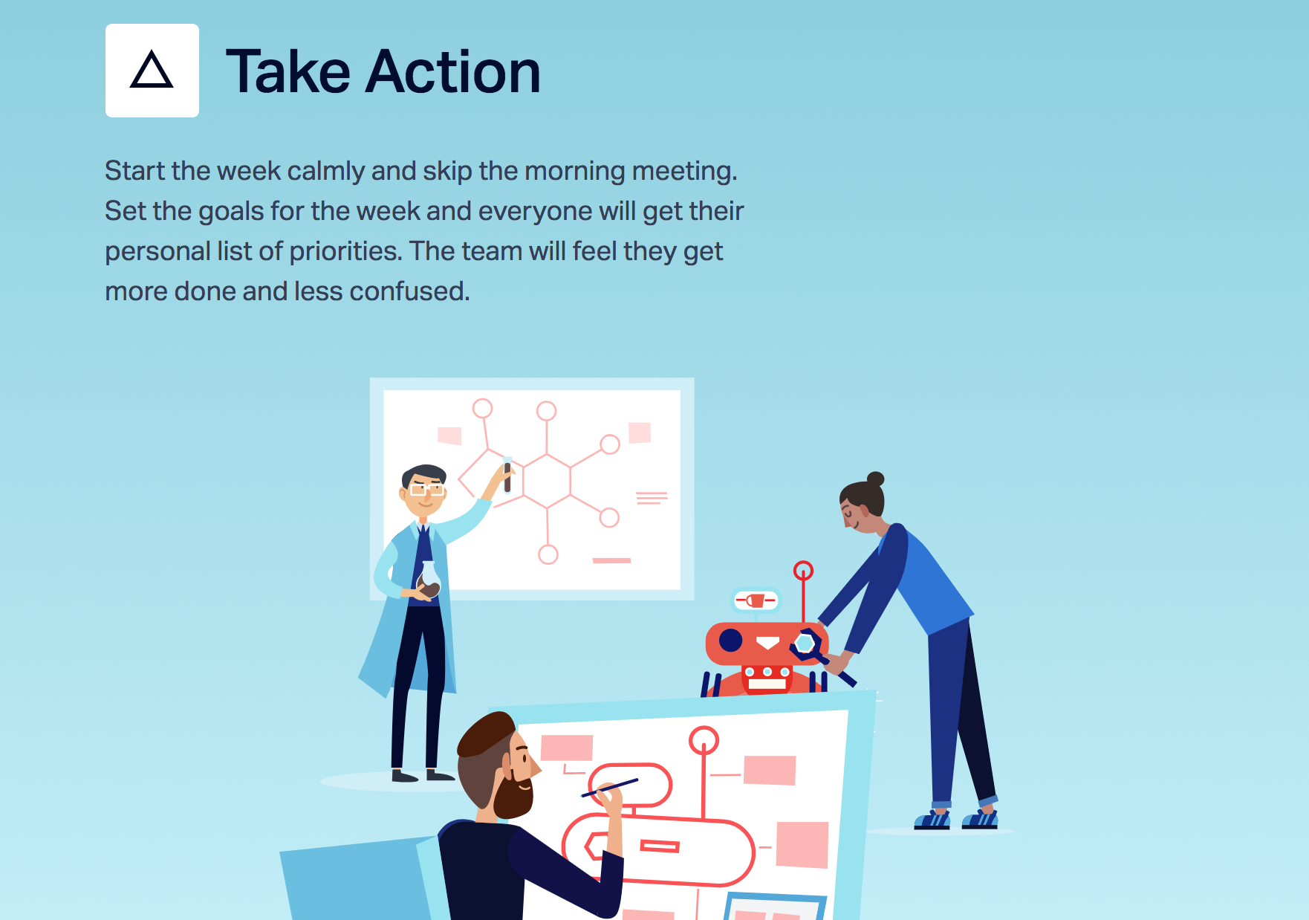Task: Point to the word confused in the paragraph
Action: (x=409, y=291)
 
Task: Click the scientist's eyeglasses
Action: (x=426, y=489)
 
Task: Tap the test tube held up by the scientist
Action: (x=507, y=474)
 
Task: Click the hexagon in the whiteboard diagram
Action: (x=547, y=481)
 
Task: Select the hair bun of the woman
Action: (x=876, y=479)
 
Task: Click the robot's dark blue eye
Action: (x=730, y=640)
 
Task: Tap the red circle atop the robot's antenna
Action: (x=803, y=571)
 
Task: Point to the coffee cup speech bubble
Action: (x=756, y=600)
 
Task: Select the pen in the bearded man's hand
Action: (x=609, y=788)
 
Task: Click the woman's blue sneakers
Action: (x=956, y=819)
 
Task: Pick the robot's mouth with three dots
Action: (x=767, y=672)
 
